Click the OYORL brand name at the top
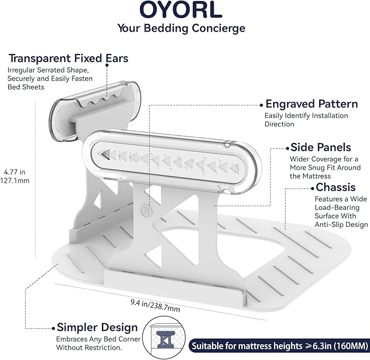181,9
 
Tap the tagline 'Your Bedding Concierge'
181,28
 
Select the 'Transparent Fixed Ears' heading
69,58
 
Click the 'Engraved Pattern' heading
312,104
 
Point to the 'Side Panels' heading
320,147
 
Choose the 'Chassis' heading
336,187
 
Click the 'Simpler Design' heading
97,328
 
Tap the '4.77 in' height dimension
15,172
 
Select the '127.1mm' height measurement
15,181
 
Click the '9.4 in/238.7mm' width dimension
155,305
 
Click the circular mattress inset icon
164,338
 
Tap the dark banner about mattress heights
280,346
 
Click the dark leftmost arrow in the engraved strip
106,154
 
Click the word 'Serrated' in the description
51,70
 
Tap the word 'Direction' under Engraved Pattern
279,124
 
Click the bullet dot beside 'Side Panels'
287,148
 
